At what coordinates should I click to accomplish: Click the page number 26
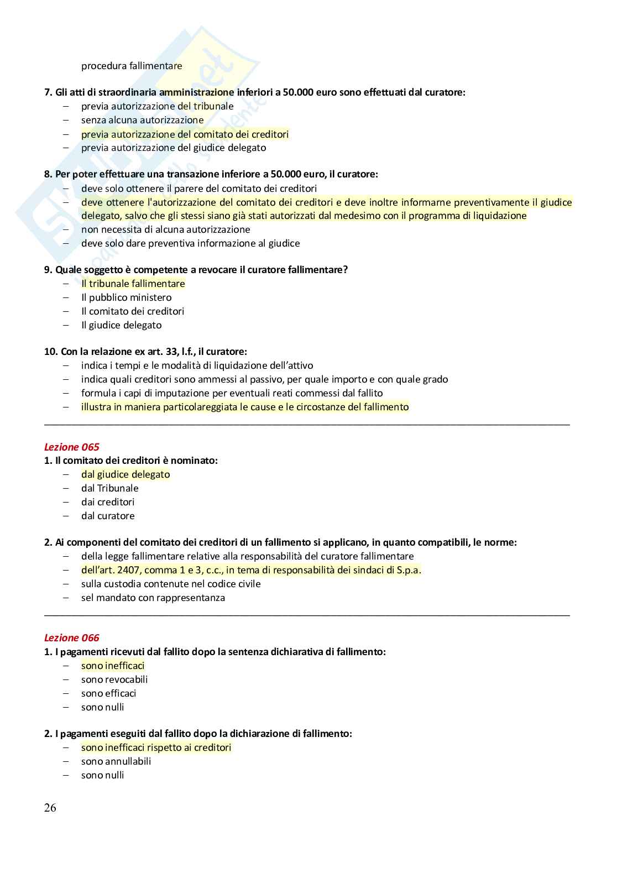click(50, 808)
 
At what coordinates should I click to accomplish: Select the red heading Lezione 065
click(71, 447)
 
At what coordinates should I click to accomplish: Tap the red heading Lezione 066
click(71, 638)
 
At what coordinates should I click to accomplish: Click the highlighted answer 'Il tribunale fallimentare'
click(133, 284)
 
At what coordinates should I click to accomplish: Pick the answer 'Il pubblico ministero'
click(126, 297)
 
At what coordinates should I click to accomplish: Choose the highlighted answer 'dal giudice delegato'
click(126, 474)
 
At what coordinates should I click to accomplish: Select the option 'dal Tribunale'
click(109, 488)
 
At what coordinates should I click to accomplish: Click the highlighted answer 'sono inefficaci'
click(113, 666)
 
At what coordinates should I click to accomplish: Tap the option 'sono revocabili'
click(114, 679)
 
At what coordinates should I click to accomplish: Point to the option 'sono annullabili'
click(116, 761)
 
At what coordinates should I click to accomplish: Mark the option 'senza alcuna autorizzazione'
click(142, 120)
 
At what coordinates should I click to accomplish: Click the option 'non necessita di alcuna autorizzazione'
click(165, 229)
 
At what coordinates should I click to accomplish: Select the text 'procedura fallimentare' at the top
click(132, 66)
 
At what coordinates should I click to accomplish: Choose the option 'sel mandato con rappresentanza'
click(153, 598)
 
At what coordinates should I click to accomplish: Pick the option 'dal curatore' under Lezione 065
click(108, 516)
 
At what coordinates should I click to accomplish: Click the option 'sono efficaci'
click(108, 693)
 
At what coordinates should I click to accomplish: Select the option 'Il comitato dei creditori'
click(133, 311)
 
